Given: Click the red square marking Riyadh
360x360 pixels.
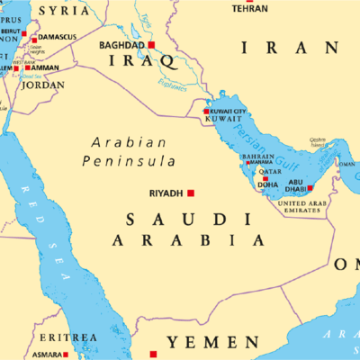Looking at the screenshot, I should (x=191, y=193).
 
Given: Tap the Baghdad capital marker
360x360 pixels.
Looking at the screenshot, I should (x=152, y=44).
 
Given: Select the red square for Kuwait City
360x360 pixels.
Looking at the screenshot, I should (x=206, y=112).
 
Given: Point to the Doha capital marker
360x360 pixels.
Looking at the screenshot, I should (x=265, y=178).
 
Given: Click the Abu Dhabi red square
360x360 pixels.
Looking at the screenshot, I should (x=310, y=188).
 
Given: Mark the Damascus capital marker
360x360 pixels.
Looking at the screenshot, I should (x=35, y=39).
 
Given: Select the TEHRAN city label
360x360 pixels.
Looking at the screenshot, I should (x=249, y=8).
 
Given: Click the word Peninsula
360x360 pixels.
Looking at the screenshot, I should (x=130, y=161).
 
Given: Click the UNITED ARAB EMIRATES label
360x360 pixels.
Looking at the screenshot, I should (x=304, y=208).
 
